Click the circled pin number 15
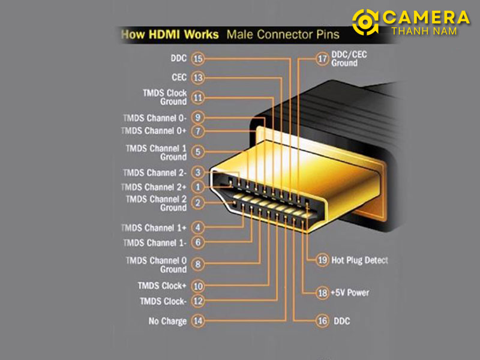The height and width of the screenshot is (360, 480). (198, 58)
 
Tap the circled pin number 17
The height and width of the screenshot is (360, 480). (322, 58)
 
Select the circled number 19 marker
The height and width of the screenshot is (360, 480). (323, 260)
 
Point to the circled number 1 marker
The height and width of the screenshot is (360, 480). (198, 187)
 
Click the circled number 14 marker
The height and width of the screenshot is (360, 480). (198, 321)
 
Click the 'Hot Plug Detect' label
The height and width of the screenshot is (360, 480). (359, 260)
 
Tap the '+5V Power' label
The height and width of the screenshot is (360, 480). (350, 293)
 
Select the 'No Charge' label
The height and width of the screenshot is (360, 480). (167, 321)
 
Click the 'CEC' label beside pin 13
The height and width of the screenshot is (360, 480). (179, 77)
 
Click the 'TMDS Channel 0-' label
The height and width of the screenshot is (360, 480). (155, 118)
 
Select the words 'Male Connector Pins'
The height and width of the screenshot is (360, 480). (283, 34)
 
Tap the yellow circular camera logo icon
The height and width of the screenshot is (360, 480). (365, 22)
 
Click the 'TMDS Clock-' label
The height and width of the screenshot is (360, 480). (163, 301)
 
